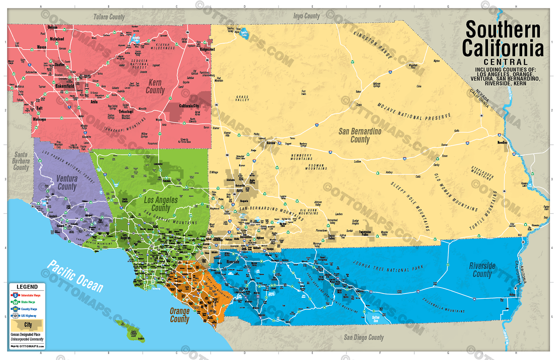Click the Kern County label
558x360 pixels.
point(155,86)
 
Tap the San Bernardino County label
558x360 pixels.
point(360,135)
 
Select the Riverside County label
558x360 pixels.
point(482,270)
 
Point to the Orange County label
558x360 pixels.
point(180,315)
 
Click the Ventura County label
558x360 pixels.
point(67,182)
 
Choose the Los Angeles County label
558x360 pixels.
point(161,204)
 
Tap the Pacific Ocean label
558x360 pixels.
point(75,276)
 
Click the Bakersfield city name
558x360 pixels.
point(65,86)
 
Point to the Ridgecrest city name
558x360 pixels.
point(207,49)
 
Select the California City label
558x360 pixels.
point(189,106)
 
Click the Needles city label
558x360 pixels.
point(502,142)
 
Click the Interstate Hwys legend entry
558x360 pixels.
point(30,295)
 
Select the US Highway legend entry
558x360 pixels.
point(28,316)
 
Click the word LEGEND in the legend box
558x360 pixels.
point(27,287)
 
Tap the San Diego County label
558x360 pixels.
point(363,337)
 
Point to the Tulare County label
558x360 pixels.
point(109,17)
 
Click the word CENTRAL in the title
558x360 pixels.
point(506,62)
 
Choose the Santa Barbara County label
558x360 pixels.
point(21,161)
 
